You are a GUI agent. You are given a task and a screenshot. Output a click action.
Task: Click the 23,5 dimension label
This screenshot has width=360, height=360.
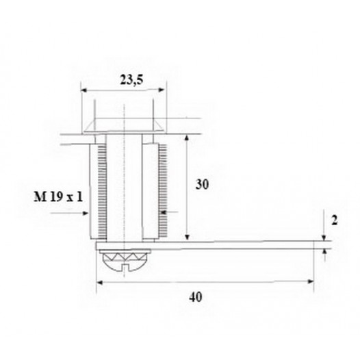click(131, 80)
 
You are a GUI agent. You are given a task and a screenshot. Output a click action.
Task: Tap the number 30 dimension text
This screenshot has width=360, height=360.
click(202, 184)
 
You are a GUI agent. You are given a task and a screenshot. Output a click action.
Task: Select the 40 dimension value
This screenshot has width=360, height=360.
click(196, 297)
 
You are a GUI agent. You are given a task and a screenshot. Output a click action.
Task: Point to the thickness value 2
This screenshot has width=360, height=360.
click(335, 221)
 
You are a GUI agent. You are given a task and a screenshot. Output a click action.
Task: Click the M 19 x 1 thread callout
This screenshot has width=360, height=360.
click(58, 197)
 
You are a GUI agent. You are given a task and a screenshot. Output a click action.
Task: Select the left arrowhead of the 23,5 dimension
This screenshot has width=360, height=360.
click(83, 90)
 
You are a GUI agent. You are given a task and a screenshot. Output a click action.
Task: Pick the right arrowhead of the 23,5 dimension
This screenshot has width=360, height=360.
click(162, 90)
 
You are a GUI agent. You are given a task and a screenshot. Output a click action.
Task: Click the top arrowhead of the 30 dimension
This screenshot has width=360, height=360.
click(187, 138)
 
